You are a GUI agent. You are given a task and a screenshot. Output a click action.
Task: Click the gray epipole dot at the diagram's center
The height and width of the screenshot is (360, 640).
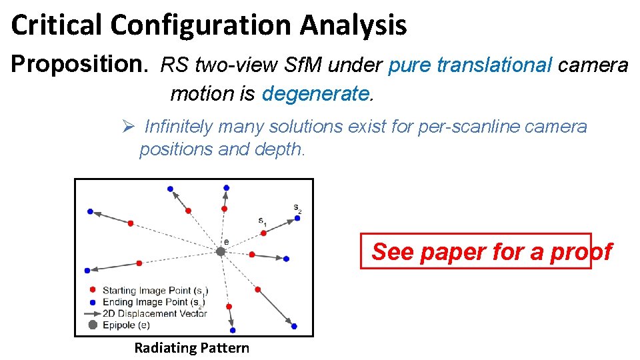tap(221, 251)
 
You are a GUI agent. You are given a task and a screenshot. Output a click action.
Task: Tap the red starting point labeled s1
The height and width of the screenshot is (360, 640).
tap(262, 233)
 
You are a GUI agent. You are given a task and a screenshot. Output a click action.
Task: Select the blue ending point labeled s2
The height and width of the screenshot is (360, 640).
tap(297, 217)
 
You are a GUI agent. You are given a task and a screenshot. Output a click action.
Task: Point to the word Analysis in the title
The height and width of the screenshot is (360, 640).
tap(353, 25)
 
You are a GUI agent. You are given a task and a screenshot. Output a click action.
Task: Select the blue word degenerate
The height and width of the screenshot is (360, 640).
tap(316, 94)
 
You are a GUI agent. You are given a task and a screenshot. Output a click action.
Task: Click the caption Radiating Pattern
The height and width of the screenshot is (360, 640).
tap(191, 347)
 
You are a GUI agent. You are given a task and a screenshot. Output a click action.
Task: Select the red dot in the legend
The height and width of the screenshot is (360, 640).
tap(93, 291)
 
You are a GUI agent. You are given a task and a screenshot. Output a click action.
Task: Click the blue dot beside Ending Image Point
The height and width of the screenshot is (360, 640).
tap(93, 302)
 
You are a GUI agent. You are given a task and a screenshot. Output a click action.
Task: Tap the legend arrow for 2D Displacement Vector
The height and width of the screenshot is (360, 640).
tap(92, 313)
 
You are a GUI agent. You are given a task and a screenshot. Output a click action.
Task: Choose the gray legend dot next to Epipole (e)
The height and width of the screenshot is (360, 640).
tap(93, 325)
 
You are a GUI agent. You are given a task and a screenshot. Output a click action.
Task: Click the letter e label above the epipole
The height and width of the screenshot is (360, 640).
tap(226, 241)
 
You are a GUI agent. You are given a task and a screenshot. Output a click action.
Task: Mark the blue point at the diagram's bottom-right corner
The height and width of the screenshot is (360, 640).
tap(294, 327)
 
